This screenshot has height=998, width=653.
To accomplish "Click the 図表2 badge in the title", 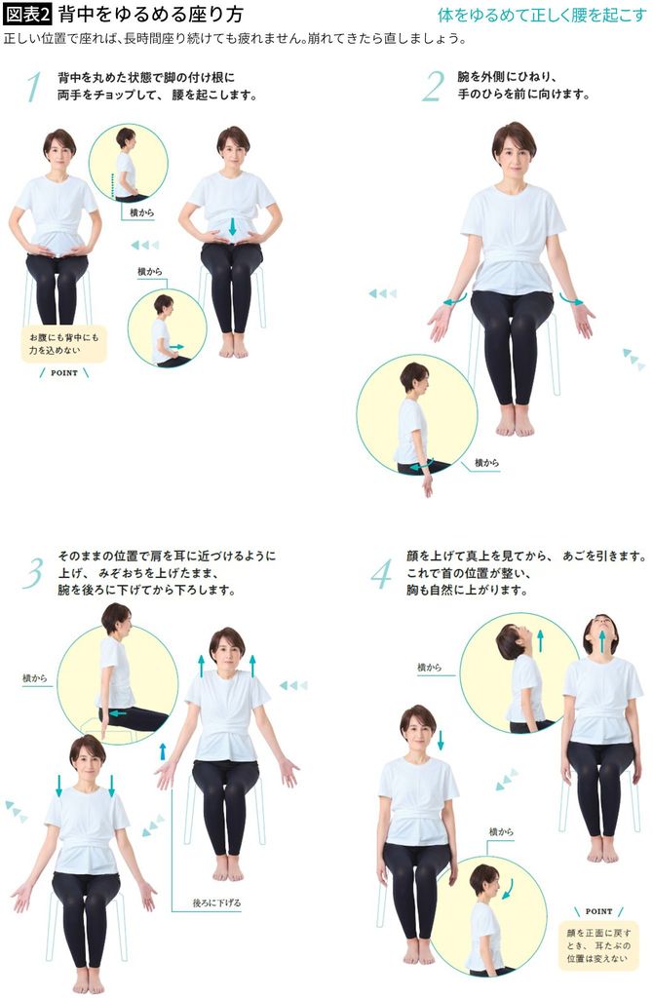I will click(x=27, y=15).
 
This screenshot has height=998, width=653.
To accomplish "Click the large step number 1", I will click(x=35, y=87).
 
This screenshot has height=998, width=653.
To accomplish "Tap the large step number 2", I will click(x=433, y=87).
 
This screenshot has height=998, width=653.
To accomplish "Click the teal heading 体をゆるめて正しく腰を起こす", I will click(x=542, y=16).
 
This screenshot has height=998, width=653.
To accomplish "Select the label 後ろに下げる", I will click(x=218, y=903).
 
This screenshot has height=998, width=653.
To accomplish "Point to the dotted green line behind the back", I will click(x=113, y=186).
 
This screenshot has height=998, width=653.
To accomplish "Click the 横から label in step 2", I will click(x=487, y=462).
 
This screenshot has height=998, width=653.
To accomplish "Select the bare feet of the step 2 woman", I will click(x=514, y=421).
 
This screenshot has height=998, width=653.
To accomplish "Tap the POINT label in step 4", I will click(x=598, y=910).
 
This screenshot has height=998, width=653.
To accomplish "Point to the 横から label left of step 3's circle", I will click(x=36, y=676).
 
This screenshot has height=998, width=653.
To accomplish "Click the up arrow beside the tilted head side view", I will click(x=539, y=639).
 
